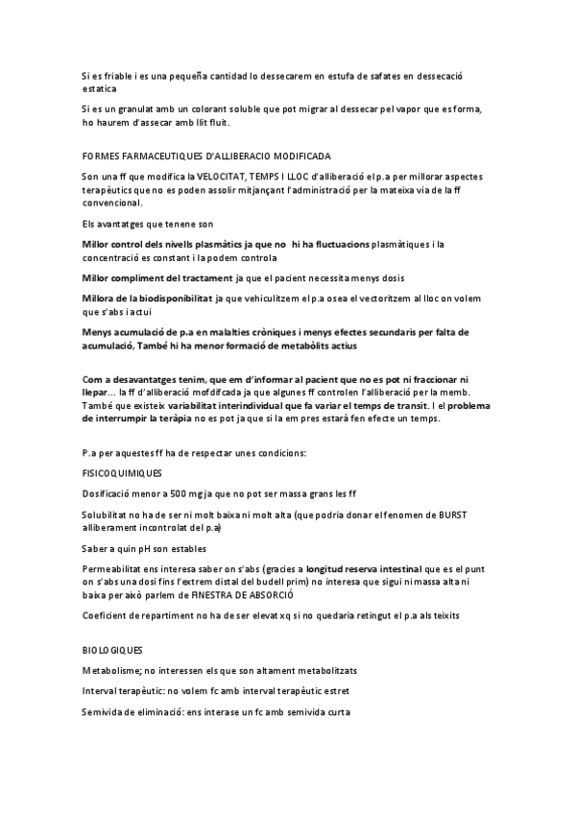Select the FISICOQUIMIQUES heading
tap(122, 474)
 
